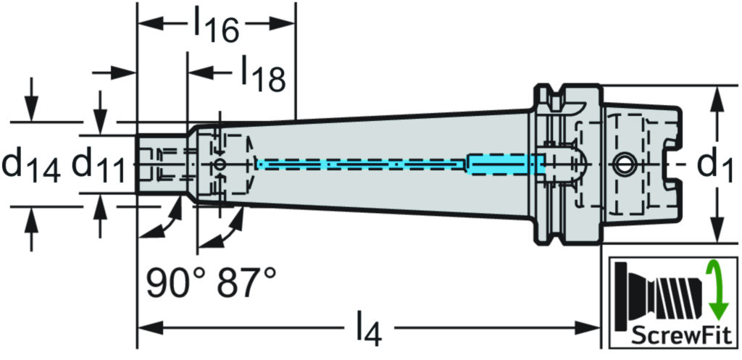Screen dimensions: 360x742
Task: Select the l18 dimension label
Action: coord(262,74)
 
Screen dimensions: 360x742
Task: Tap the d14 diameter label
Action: coord(32,164)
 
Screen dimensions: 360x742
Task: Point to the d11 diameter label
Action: coord(101,164)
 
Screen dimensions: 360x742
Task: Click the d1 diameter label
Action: coord(714,164)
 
